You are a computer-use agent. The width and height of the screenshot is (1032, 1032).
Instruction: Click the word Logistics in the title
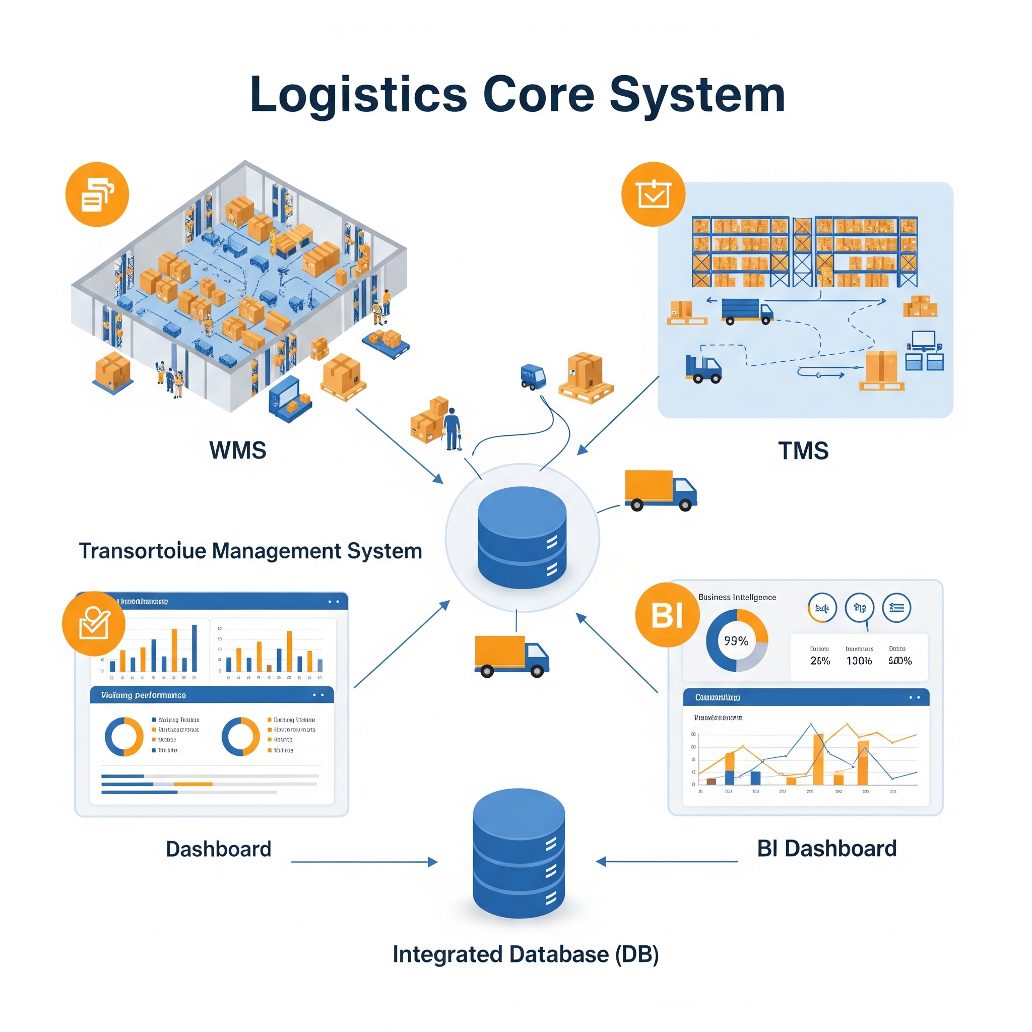click(x=358, y=95)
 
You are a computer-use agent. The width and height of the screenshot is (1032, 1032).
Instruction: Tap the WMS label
click(x=238, y=450)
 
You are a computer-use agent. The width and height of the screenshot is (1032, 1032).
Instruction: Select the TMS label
click(x=803, y=451)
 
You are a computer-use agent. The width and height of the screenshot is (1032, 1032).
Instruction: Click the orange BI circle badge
click(x=667, y=615)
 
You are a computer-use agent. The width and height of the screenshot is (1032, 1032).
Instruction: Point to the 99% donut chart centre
click(x=737, y=641)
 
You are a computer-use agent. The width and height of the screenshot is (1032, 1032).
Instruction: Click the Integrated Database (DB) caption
click(x=526, y=954)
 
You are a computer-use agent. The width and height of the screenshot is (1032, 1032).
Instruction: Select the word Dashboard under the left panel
click(x=219, y=849)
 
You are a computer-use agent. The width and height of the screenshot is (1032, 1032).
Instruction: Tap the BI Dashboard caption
click(x=826, y=848)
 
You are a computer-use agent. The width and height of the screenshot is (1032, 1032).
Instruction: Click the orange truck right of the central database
click(x=660, y=490)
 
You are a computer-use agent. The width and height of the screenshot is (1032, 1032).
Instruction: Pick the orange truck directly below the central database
click(x=511, y=656)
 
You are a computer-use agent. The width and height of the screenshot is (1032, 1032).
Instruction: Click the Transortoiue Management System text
click(x=250, y=551)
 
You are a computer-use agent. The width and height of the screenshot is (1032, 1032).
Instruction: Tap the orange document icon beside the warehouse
click(x=97, y=194)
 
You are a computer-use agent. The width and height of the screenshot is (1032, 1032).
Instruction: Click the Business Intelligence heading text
click(x=737, y=597)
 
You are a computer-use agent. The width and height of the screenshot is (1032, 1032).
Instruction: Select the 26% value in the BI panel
click(x=820, y=661)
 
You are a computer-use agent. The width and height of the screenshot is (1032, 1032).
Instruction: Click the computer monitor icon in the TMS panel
click(x=924, y=340)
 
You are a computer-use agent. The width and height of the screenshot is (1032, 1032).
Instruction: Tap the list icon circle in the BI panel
click(x=896, y=608)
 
